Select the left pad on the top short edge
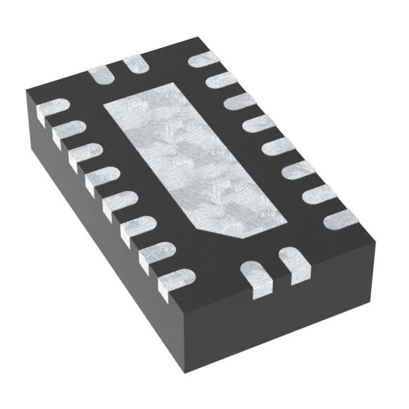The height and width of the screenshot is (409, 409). click(102, 75)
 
